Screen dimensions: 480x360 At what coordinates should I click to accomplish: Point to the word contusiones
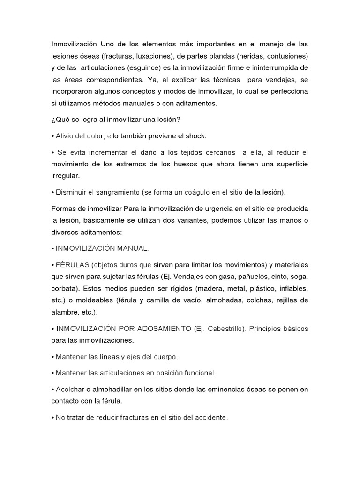(x=287, y=56)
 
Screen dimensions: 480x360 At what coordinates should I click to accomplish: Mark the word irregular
(x=66, y=175)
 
